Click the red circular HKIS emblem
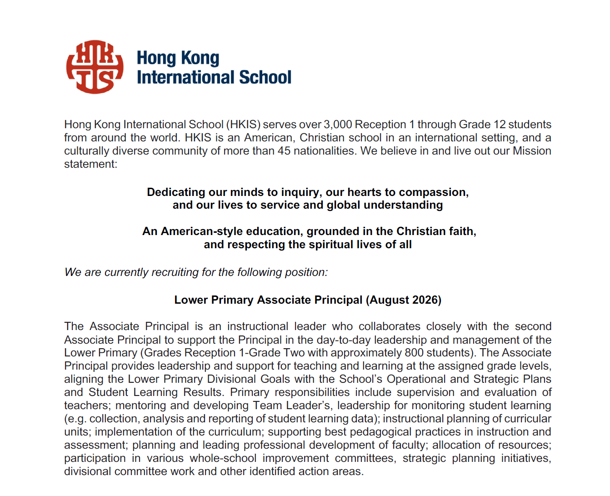point(95,67)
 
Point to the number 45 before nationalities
point(284,151)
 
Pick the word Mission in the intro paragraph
point(532,151)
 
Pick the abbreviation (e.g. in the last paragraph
point(75,419)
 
